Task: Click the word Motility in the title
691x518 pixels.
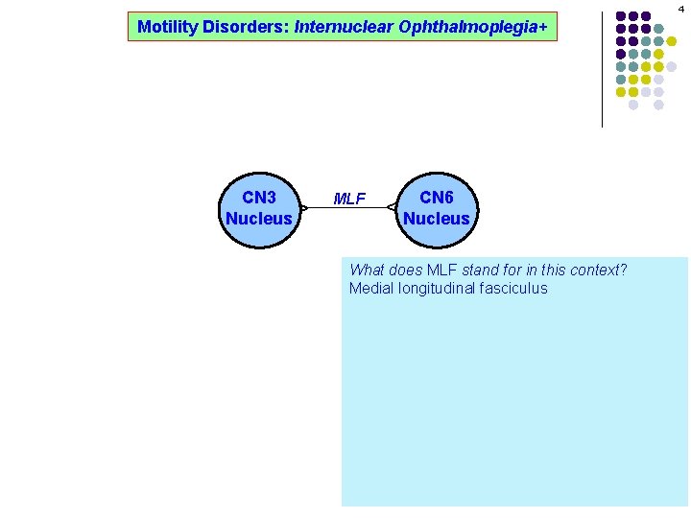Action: coord(167,27)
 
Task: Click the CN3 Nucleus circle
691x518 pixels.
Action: coord(258,208)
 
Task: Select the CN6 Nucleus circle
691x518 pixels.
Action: coord(436,208)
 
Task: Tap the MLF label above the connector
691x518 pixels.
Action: coord(348,200)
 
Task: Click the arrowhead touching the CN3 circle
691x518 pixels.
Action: coord(303,207)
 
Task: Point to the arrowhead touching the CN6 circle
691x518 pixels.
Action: coord(392,207)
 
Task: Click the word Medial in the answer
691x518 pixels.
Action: coord(370,289)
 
